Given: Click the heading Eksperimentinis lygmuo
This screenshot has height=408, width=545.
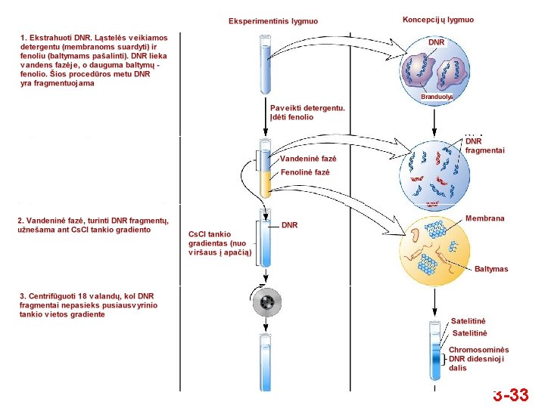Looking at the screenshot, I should point(273,21).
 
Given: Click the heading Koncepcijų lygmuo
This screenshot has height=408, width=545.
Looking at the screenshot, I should point(438,19).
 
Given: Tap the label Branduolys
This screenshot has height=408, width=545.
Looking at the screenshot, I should point(437,97).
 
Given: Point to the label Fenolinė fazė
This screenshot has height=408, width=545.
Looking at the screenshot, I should point(305,172).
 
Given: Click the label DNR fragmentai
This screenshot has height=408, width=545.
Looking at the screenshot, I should point(484,146).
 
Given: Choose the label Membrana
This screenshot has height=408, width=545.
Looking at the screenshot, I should point(484,218).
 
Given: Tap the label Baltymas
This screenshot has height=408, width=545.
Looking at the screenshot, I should point(491,269).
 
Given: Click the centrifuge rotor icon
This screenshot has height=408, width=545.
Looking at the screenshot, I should point(266,303).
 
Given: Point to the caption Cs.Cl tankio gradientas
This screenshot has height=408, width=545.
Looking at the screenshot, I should point(220,243).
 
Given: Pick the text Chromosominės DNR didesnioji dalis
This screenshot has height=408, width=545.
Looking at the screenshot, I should point(478,359).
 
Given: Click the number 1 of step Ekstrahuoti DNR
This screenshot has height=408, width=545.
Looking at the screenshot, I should point(23,36).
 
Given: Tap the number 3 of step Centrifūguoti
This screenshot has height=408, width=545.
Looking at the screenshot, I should point(23,296).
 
